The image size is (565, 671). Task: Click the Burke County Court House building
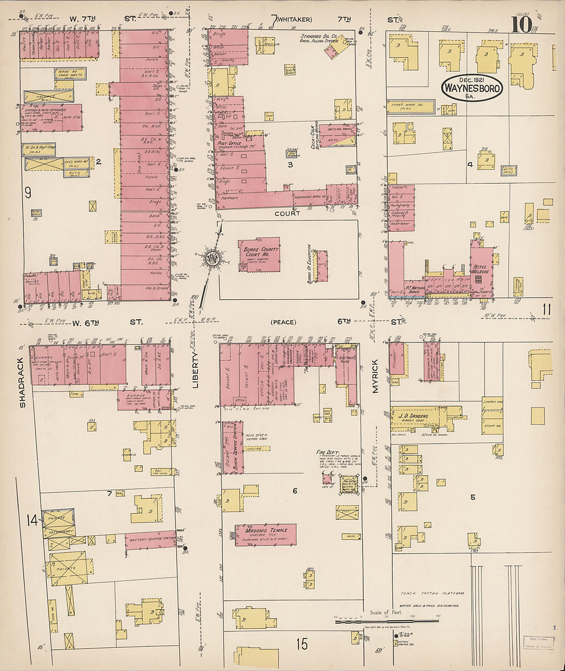tap(259, 256)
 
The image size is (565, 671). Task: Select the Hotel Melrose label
tap(481, 269)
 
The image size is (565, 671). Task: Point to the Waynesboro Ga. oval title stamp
tap(472, 88)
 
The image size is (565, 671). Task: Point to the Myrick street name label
tap(375, 376)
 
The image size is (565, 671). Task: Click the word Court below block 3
tap(287, 213)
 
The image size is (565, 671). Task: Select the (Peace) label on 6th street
tap(283, 322)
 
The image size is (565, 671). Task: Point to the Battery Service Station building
tap(150, 539)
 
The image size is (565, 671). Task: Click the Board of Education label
tap(309, 264)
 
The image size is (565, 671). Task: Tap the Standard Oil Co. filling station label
tap(318, 39)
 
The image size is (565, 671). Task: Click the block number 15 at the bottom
tap(302, 643)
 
